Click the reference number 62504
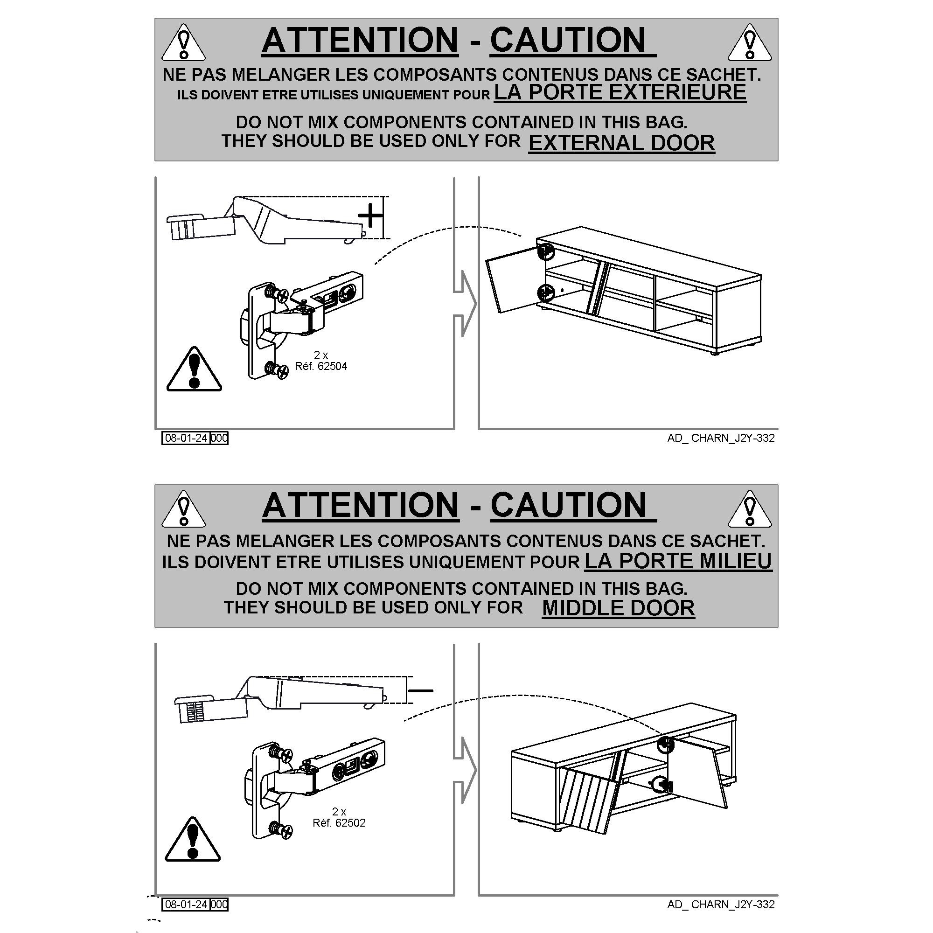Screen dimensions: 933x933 point(332,367)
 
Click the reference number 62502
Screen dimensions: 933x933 point(350,823)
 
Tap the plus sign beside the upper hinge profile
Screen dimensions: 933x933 point(371,216)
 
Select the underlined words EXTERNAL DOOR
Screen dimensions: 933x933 point(621,143)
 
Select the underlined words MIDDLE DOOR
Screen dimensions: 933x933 point(618,608)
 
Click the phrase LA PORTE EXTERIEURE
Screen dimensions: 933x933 point(620,92)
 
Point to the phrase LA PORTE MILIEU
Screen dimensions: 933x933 point(678,561)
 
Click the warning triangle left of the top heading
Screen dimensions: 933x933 point(183,44)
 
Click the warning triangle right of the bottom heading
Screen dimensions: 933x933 point(750,509)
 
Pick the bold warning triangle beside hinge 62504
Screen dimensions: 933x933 point(194,369)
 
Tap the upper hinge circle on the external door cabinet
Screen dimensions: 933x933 point(546,251)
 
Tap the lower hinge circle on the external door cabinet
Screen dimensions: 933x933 point(546,292)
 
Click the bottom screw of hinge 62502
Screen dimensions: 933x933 point(280,831)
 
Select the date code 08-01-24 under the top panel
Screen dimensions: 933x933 point(186,438)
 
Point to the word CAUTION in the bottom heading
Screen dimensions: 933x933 point(568,505)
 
